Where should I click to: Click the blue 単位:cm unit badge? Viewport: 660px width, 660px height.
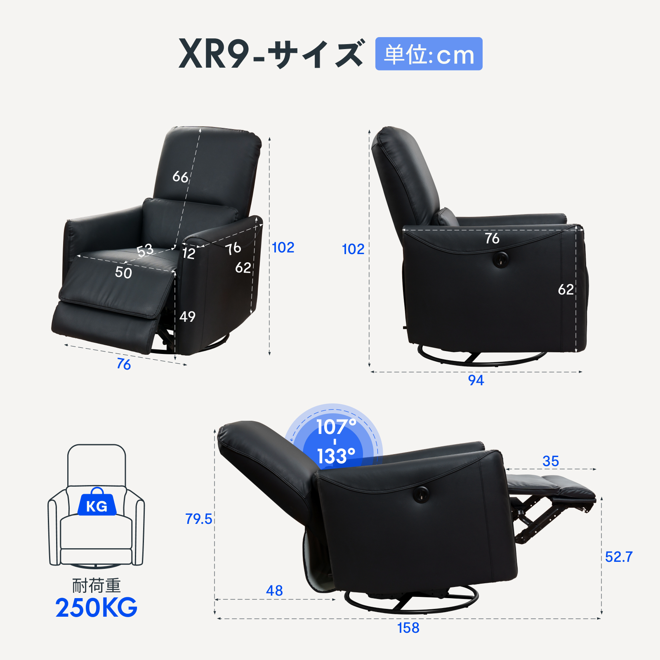coord(429,54)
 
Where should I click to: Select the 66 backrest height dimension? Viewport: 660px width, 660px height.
coord(180,177)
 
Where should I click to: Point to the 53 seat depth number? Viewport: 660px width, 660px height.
coord(145,250)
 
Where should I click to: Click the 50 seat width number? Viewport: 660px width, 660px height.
coord(123,273)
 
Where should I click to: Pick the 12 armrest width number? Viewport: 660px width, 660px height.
coord(189,253)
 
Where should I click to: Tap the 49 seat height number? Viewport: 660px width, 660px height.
coord(187,317)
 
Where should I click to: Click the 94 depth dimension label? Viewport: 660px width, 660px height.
coord(476,380)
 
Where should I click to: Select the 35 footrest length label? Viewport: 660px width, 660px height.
coord(551,461)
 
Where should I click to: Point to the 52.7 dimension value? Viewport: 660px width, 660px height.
coord(618,557)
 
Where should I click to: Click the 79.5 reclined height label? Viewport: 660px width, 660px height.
coord(198,519)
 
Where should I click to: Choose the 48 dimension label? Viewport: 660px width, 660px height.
coord(274,591)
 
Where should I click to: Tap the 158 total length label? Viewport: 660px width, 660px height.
coord(408,628)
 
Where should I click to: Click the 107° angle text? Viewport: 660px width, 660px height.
coord(336,427)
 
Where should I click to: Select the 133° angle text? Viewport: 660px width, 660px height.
coord(336,456)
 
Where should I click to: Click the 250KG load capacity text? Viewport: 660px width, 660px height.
coord(97,608)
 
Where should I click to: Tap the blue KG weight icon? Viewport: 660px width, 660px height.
coord(97,504)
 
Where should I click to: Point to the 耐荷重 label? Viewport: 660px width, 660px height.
coord(97,586)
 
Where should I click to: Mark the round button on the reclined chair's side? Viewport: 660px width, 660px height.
coord(421,493)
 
